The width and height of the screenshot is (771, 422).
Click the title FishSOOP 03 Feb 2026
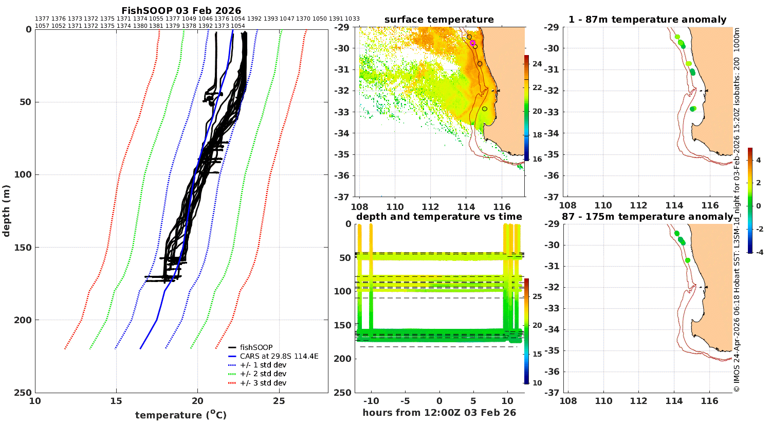point(181,10)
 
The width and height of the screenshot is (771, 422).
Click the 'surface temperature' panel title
point(439,20)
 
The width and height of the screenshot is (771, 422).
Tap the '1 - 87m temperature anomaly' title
point(648,20)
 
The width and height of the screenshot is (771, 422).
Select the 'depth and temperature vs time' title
point(439,217)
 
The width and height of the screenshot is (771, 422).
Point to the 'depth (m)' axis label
point(6,211)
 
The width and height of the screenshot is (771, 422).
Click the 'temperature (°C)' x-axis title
point(181,415)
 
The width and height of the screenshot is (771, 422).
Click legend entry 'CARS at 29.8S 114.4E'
point(279,356)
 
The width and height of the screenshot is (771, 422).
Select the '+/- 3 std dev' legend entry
point(263,383)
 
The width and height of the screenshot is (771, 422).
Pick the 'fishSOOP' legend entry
point(256,347)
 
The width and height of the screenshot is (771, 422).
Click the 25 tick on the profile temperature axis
point(279,401)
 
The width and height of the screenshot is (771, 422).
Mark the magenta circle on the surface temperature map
point(472,43)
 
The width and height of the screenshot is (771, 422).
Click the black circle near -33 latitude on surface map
point(485,109)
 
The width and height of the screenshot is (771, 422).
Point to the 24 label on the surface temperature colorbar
point(537,64)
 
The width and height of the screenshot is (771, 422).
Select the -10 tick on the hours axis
point(371,401)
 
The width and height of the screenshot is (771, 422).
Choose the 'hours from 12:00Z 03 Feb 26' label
point(439,412)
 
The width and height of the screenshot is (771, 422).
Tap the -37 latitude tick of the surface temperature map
point(341,197)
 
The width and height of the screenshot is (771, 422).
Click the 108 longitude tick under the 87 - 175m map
point(568,401)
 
